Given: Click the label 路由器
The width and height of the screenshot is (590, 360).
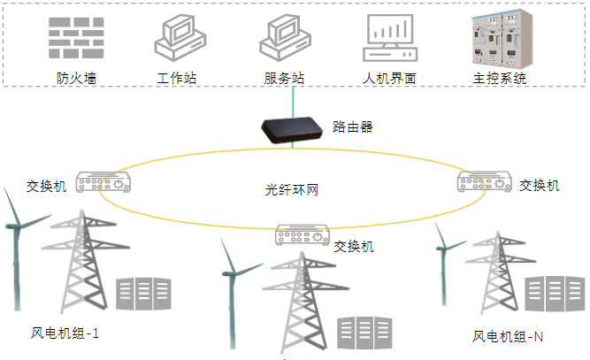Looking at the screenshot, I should click(x=353, y=126).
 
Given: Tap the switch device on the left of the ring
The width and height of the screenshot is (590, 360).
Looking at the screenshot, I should click(x=103, y=182).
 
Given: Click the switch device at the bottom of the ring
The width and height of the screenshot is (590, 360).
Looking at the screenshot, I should click(x=302, y=235).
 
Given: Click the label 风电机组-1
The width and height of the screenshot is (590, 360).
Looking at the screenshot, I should click(x=65, y=333).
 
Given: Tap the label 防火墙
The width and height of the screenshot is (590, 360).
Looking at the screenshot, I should click(x=75, y=79).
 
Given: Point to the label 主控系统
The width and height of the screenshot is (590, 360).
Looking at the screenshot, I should click(x=500, y=79).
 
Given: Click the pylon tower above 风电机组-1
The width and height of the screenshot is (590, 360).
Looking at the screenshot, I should click(x=84, y=257).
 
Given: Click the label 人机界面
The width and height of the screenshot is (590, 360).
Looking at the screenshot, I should click(x=390, y=79).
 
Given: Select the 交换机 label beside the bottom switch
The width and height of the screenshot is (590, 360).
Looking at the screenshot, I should click(x=354, y=246).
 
